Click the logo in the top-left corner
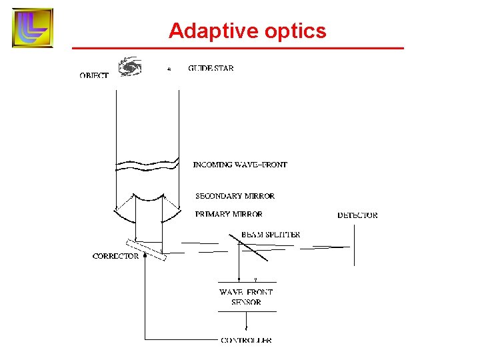coord(32,28)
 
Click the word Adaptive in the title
coord(205,31)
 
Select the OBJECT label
coord(94,76)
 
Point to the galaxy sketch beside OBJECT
coord(130,67)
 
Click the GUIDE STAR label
coord(211,68)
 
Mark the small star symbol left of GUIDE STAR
coord(169,69)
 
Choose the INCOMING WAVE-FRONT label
coord(240,165)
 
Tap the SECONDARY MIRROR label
coord(235,196)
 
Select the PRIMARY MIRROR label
coord(229,215)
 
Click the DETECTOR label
coord(357,215)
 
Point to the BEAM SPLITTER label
coord(270,235)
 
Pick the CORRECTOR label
coord(116,256)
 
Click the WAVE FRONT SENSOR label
coord(246,297)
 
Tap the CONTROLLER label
coord(246,340)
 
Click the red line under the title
coord(238,49)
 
